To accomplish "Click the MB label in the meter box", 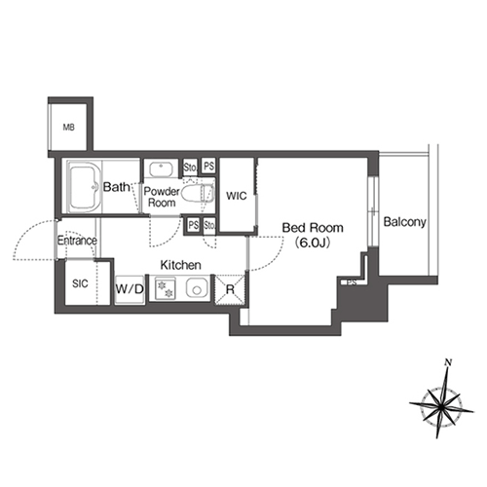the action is tap(68, 128).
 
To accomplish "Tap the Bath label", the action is tap(116, 187).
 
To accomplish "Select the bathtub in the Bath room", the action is tap(84, 187).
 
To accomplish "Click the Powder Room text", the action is tap(162, 197).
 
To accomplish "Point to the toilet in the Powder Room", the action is tap(198, 194).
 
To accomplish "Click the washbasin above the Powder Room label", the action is tap(161, 169).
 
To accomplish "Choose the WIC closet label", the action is tap(237, 196).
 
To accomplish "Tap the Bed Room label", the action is tap(313, 228).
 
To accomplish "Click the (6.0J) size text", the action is tap(312, 243).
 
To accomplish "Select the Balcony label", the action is tap(404, 222).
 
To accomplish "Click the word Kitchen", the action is tap(181, 265).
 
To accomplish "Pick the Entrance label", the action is tap(77, 241).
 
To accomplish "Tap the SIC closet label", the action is tap(80, 283).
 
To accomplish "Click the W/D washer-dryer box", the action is tap(130, 289).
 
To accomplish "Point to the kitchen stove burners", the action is tap(166, 289).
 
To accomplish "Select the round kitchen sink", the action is tap(196, 288).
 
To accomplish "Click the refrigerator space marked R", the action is tap(230, 289).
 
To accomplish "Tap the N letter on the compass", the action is tap(449, 362).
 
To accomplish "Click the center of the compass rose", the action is tap(440, 406).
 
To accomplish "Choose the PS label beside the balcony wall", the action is tap(352, 282).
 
